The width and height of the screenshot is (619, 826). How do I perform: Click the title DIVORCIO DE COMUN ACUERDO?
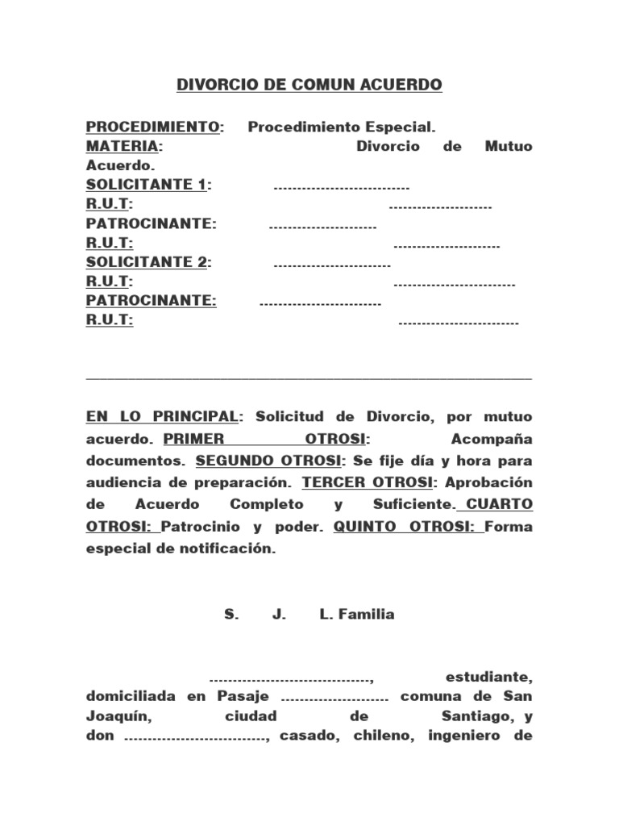click(309, 85)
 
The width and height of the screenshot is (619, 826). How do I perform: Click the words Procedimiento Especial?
click(341, 127)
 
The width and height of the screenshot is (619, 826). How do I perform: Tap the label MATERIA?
click(123, 146)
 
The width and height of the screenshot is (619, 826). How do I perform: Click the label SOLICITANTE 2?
click(147, 262)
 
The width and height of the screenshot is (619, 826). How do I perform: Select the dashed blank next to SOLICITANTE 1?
click(342, 187)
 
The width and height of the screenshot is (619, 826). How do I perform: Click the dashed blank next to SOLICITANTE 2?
click(332, 265)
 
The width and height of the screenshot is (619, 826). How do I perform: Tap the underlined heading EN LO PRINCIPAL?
click(162, 417)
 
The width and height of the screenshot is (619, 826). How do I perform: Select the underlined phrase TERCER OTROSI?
click(367, 482)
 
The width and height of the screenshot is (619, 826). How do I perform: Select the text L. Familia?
click(357, 615)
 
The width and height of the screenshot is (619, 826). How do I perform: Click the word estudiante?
click(488, 675)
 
